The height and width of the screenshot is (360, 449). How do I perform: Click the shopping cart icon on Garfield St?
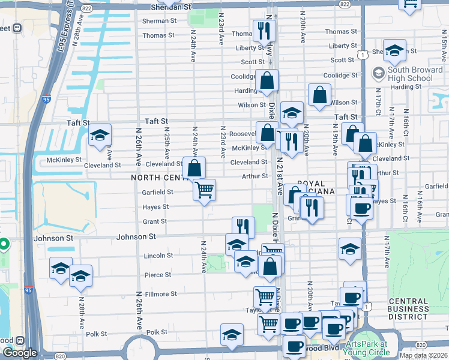point(205,190)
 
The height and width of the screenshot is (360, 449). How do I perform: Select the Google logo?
point(19,353)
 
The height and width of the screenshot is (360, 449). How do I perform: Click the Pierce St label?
point(158,275)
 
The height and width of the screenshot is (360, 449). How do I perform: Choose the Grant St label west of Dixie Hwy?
point(155,222)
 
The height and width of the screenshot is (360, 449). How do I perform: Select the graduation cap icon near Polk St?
point(232,335)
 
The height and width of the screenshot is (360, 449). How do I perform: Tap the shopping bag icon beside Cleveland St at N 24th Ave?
point(194,168)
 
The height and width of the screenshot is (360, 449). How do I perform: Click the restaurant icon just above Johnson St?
point(243,226)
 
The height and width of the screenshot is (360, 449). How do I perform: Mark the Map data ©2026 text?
point(424,355)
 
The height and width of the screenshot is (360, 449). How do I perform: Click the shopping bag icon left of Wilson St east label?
point(319,94)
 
